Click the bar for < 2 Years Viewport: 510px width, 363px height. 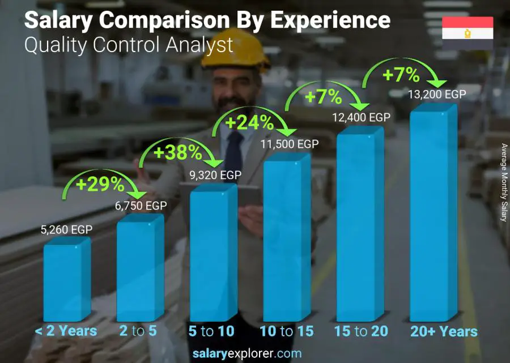pyautogui.click(x=66, y=280)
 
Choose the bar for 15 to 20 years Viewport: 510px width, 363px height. pyautogui.click(x=359, y=227)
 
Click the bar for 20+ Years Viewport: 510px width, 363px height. pyautogui.click(x=432, y=215)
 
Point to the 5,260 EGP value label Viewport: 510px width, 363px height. pyautogui.click(x=66, y=230)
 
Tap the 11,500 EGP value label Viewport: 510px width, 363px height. pyautogui.click(x=290, y=144)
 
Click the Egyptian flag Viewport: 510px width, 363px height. pyautogui.click(x=467, y=33)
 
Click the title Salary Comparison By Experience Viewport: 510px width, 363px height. pyautogui.click(x=207, y=20)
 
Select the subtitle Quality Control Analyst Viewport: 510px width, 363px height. pyautogui.click(x=129, y=45)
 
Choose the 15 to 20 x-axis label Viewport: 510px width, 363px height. pyautogui.click(x=360, y=331)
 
